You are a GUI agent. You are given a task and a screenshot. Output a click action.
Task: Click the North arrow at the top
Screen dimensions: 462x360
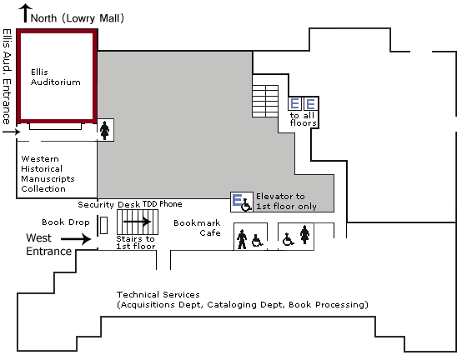[x=26, y=13]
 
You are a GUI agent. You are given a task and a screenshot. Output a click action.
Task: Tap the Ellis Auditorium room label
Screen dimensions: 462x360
[x=55, y=77]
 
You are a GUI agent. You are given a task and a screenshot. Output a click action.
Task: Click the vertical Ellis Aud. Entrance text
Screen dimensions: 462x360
[x=7, y=77]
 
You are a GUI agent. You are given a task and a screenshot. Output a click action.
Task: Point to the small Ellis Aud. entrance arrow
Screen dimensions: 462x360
[x=11, y=132]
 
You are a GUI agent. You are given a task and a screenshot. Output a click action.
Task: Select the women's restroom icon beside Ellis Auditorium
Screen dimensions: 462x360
[x=104, y=130]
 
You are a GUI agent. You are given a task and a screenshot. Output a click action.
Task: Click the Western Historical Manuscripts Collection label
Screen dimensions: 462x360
[x=48, y=173]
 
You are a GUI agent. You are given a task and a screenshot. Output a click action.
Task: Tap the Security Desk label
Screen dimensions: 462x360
[x=96, y=204]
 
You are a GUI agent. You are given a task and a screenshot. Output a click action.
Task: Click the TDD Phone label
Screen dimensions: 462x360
[x=162, y=204]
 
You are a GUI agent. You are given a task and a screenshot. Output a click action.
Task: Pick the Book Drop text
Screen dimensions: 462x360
[x=66, y=222]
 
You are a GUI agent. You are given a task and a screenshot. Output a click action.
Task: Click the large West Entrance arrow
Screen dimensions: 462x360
[x=76, y=238]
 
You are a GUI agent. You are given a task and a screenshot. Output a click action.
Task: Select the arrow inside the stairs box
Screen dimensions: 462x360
[x=138, y=222]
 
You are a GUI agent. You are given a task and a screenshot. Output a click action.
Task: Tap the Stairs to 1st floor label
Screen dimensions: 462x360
[x=136, y=242]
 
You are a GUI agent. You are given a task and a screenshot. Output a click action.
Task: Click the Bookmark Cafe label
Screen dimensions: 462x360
[x=197, y=227]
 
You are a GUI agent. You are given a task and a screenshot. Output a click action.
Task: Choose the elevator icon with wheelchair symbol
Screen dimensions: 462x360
[x=242, y=202]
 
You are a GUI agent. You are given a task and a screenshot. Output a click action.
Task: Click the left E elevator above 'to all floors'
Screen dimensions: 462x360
[x=294, y=103]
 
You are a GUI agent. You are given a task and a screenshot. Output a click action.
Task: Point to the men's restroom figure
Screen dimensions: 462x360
[x=242, y=239]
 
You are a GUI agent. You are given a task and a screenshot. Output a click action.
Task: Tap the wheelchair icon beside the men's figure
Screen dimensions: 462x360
[x=257, y=241]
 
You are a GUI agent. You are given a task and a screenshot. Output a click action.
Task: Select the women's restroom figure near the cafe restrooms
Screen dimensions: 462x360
[x=304, y=235]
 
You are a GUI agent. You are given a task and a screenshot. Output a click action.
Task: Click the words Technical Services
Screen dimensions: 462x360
[x=158, y=295]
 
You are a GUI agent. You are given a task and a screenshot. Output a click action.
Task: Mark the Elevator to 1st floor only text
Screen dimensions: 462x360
[x=286, y=202]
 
